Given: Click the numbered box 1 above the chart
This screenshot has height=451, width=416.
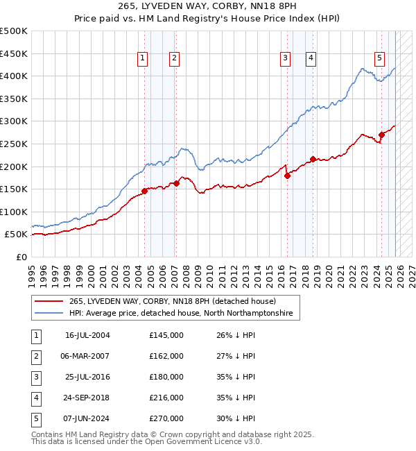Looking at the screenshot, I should tap(141, 58).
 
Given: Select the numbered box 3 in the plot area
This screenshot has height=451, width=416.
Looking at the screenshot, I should tap(285, 58).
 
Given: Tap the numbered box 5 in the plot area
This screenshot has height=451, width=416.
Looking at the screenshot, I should tap(380, 58).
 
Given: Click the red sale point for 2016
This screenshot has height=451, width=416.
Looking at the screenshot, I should tap(287, 176).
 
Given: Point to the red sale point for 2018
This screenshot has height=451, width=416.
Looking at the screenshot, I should tap(313, 159).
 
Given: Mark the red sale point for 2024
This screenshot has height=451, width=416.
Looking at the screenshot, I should tap(381, 135).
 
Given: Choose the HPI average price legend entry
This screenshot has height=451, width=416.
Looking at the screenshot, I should tap(181, 314).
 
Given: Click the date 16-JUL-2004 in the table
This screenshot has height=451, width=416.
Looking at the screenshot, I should tap(87, 335).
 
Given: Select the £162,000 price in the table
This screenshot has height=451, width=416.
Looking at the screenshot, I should tap(166, 356).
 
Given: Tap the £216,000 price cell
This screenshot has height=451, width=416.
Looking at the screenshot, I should tap(166, 398).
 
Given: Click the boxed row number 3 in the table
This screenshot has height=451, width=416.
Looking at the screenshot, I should tap(35, 377).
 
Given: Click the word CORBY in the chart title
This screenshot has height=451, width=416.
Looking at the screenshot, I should tap(229, 7).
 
